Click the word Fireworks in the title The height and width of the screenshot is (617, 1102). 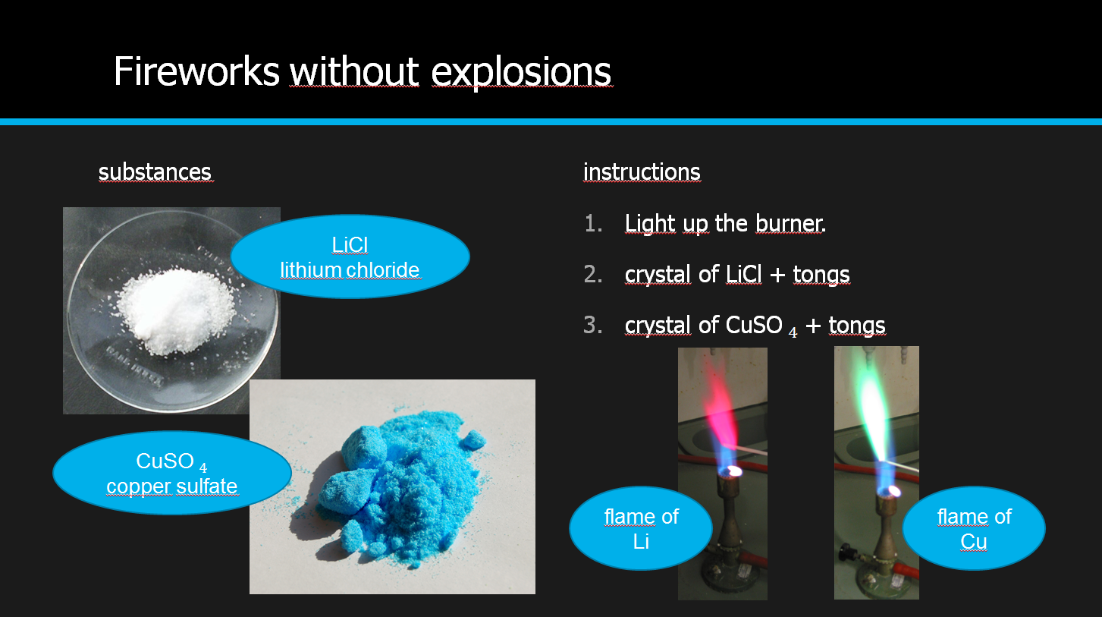[196, 71]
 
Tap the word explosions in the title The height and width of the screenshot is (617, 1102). [522, 73]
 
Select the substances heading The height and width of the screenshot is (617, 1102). [155, 172]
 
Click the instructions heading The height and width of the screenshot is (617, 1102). [642, 172]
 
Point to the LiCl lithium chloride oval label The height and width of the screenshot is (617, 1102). [350, 257]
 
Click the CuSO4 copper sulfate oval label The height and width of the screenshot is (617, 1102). [172, 474]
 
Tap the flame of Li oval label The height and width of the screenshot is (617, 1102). [641, 528]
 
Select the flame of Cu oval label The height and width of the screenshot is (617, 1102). [974, 528]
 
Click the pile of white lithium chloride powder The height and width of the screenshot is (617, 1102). [174, 310]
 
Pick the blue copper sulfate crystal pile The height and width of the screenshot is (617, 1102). [398, 487]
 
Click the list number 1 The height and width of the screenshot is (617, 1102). [592, 224]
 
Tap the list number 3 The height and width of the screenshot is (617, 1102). [592, 326]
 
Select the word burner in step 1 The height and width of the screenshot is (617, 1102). [789, 224]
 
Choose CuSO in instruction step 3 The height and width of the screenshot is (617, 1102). [754, 325]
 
